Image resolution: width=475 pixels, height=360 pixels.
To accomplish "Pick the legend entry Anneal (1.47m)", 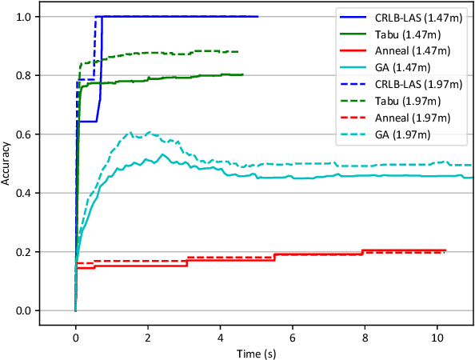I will tap(404, 52).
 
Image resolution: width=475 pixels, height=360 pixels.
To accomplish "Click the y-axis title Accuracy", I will tap(7, 163).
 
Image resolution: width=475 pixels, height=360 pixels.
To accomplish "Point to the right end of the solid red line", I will tap(445, 250).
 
